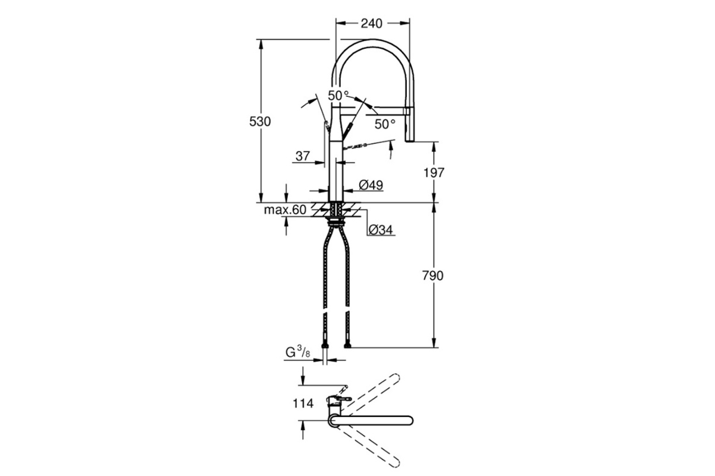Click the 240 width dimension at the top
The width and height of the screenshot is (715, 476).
[x=372, y=23]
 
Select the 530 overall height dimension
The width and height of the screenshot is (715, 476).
[x=260, y=121]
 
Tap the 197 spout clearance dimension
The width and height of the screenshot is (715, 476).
[x=434, y=173]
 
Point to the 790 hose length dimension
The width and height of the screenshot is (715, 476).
[x=433, y=275]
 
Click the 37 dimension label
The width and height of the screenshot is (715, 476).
[x=303, y=156]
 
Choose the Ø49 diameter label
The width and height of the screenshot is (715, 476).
[x=371, y=185]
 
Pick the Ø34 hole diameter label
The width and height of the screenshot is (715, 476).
[x=381, y=230]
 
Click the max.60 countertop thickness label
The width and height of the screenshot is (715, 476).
[x=285, y=210]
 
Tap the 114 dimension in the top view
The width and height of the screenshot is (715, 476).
[x=303, y=403]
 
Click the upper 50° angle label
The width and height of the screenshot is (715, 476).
[x=338, y=95]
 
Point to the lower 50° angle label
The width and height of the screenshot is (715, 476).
[x=385, y=124]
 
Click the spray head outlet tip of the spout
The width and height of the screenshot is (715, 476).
[x=409, y=140]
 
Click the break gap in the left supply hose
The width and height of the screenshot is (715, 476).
[x=325, y=311]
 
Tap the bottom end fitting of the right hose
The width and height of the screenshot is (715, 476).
[x=347, y=346]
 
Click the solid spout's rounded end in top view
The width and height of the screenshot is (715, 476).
[x=409, y=421]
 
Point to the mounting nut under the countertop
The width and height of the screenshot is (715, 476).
[x=335, y=221]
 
